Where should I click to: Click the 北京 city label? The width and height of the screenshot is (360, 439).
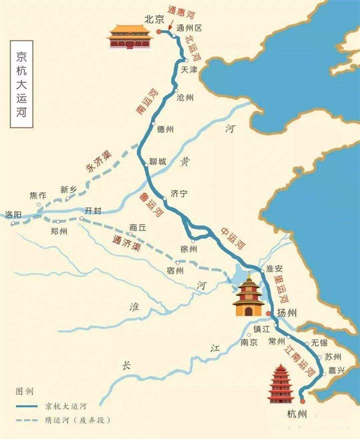(x=151, y=19)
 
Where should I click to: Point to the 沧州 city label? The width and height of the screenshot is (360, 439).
(x=186, y=98)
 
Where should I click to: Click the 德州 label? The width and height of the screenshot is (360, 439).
(x=165, y=129)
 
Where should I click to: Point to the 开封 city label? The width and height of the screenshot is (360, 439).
(x=93, y=211)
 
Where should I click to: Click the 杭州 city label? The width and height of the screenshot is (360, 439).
(x=297, y=415)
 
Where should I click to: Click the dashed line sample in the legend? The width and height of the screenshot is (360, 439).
(x=30, y=420)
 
